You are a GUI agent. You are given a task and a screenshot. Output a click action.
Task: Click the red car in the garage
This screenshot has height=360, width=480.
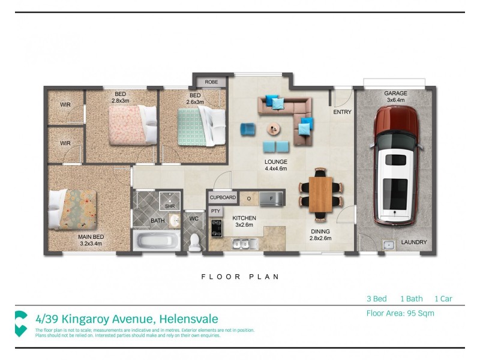(396, 166)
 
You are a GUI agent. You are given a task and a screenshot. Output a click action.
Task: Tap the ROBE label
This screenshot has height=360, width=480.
(211, 82)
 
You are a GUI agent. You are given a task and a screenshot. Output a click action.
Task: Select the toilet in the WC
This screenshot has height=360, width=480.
(194, 242)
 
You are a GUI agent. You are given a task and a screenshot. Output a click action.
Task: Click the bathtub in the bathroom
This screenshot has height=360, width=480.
(157, 241)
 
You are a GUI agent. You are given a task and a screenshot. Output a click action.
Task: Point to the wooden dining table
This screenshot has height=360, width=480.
(320, 194)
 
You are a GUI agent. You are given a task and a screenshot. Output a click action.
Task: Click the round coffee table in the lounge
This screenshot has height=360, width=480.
(274, 129)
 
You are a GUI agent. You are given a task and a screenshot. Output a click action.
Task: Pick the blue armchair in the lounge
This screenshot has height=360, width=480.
(247, 129)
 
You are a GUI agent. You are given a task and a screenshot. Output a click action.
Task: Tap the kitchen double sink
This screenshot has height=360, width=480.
(244, 244)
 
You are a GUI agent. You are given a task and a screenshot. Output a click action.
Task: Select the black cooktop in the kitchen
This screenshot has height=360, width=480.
(217, 229)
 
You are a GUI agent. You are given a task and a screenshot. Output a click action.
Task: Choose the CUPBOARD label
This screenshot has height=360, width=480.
(223, 197)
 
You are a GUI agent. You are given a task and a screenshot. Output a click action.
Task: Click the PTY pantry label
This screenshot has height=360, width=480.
(215, 211)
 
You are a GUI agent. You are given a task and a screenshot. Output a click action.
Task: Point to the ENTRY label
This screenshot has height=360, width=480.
(342, 112)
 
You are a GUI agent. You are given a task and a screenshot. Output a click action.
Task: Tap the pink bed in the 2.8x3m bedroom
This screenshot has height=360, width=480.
(133, 125)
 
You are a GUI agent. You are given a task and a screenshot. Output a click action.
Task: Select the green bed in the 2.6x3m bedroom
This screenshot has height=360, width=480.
(202, 127)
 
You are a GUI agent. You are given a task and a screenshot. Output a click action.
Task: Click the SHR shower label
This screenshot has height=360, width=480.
(170, 206)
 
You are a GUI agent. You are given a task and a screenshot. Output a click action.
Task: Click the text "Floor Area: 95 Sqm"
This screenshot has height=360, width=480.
(400, 313)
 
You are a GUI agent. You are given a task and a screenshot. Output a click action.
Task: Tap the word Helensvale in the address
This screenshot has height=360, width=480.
(188, 319)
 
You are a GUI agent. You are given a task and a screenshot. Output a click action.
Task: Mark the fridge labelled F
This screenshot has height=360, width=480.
(271, 199)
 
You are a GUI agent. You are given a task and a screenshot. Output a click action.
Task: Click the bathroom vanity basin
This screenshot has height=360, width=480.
(175, 220)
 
